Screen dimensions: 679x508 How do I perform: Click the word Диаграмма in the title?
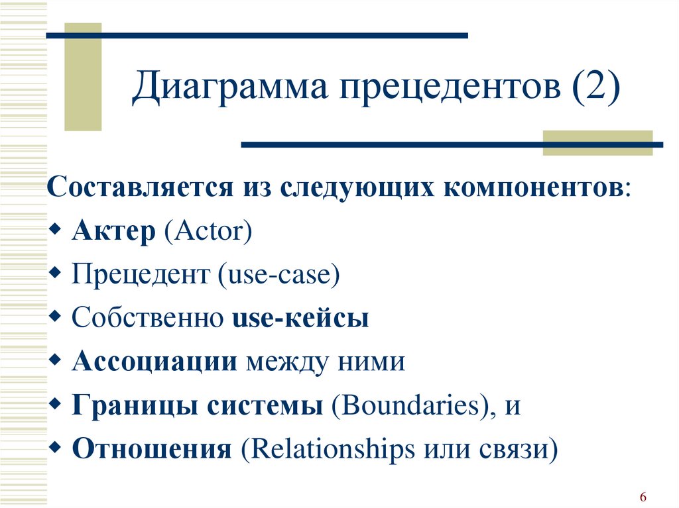(229, 86)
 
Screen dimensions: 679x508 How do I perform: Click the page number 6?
(643, 497)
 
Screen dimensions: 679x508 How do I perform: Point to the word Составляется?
(140, 187)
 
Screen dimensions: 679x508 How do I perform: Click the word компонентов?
(531, 187)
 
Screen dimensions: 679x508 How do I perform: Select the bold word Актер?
(113, 230)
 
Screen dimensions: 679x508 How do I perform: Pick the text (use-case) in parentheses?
(279, 275)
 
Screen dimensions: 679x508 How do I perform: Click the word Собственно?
(147, 318)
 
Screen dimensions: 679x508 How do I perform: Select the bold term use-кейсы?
(300, 318)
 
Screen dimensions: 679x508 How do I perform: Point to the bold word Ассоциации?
(154, 362)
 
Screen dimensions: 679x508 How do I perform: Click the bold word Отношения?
(152, 448)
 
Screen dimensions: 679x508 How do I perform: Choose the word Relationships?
(333, 448)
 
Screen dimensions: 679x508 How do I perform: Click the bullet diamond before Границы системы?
(56, 403)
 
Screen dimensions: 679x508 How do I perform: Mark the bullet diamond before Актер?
(56, 229)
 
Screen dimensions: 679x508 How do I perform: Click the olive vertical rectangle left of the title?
(83, 77)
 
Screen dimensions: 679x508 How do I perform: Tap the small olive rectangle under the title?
(597, 143)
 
